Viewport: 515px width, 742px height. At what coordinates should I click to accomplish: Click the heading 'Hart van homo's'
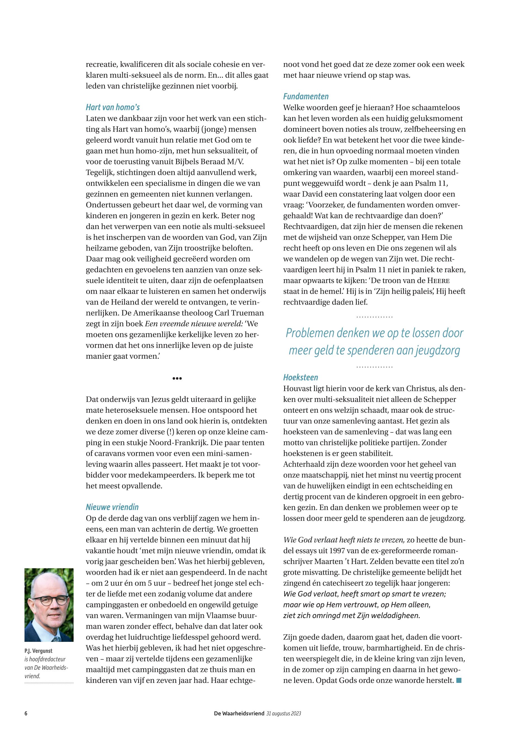[x=112, y=107]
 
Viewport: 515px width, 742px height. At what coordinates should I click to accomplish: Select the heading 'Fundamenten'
[x=306, y=97]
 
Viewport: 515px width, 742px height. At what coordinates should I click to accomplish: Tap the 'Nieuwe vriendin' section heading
[x=112, y=507]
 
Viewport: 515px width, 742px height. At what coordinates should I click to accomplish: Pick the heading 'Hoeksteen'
[x=300, y=377]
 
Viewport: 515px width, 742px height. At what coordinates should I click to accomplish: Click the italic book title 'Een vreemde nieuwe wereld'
[x=194, y=324]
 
